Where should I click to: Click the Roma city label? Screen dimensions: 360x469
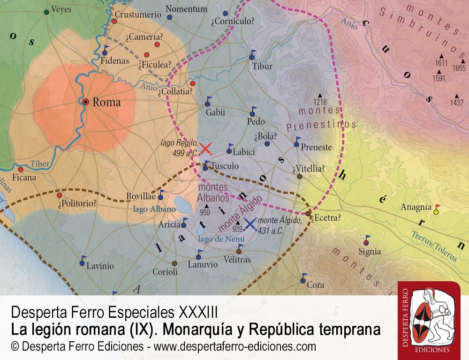point(106,102)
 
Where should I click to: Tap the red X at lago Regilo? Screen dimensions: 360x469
point(205,149)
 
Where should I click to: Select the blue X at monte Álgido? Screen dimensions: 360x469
point(250,224)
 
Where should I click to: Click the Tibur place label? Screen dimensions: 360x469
point(262,66)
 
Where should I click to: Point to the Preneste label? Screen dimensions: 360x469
point(316,147)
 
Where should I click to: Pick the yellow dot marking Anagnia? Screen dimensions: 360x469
point(436,212)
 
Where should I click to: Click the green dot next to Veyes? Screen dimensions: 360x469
point(46,11)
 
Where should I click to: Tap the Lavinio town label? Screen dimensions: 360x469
point(100,266)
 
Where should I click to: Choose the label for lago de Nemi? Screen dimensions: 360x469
point(215,239)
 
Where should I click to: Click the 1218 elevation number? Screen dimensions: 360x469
point(320,102)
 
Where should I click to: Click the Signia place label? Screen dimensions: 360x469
point(370,252)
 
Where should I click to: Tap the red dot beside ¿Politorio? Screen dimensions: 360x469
point(59,195)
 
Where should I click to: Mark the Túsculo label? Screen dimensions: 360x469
point(224,166)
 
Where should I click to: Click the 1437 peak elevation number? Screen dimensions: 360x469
point(456,103)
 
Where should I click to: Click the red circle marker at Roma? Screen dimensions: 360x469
point(85,101)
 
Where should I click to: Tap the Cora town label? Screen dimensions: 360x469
point(315,285)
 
